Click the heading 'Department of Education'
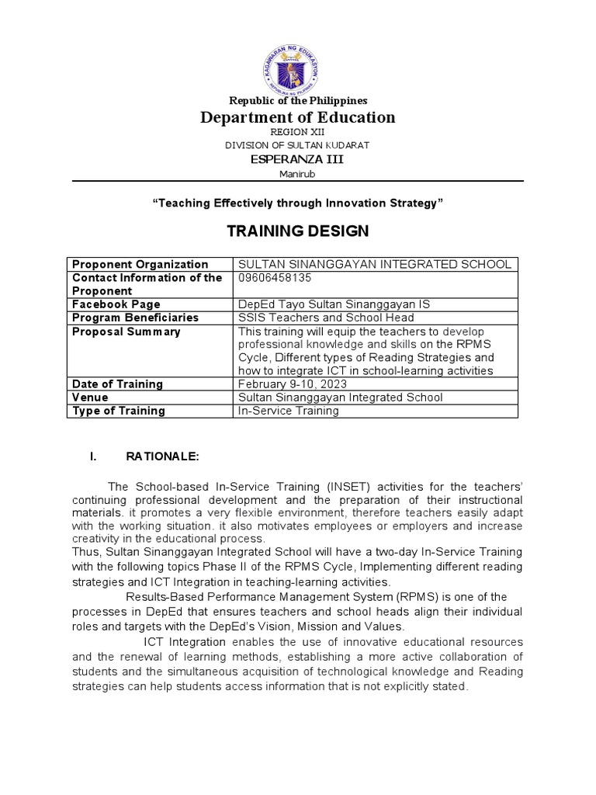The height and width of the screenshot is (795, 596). click(x=298, y=117)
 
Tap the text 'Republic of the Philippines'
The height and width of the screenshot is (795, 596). click(x=297, y=100)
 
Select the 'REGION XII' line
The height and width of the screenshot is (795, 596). click(x=297, y=133)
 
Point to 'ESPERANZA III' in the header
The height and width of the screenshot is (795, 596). click(x=297, y=159)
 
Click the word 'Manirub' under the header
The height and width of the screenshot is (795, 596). click(x=297, y=173)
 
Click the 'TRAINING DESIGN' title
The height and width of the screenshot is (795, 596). click(x=297, y=231)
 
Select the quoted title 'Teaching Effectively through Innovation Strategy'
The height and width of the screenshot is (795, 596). click(x=297, y=203)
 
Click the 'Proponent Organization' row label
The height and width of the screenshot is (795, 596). click(x=140, y=265)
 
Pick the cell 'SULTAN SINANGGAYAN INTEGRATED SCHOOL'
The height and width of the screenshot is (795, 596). click(x=374, y=265)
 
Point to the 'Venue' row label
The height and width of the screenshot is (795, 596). click(x=90, y=397)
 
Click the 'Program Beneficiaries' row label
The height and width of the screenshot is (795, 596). click(x=135, y=318)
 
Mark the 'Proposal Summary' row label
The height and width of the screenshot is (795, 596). click(x=126, y=332)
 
